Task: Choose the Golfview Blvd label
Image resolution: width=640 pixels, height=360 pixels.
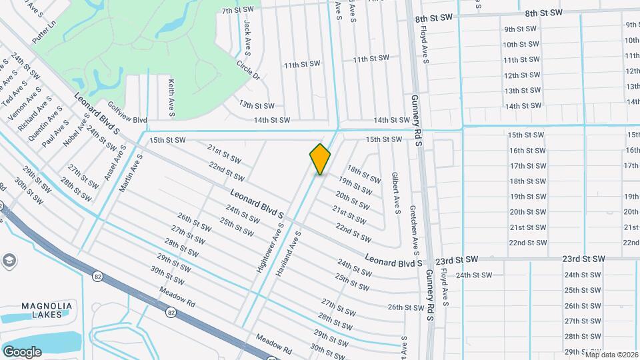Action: click(127, 114)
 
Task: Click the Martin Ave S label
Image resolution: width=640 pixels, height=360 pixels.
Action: click(131, 174)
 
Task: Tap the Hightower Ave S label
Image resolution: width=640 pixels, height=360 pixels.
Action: click(271, 247)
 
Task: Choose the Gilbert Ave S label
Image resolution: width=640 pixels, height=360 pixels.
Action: click(395, 193)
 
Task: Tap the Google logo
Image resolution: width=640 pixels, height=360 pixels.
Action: click(22, 351)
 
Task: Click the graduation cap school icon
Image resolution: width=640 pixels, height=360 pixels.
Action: click(9, 260)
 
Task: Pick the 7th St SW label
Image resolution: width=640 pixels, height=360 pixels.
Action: click(238, 10)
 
